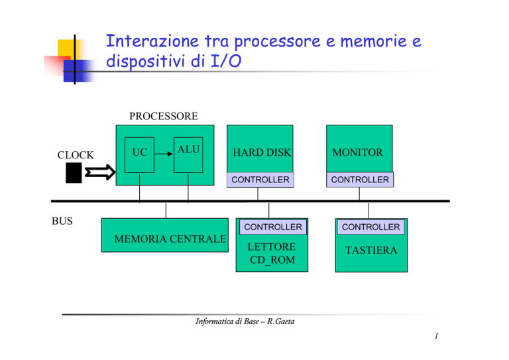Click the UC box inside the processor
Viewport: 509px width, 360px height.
[x=140, y=155]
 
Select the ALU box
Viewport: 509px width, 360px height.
[x=188, y=155]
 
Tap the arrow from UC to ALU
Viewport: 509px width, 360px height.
[x=164, y=154]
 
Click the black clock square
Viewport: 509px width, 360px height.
[x=74, y=173]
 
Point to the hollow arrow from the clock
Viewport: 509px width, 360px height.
[x=100, y=172]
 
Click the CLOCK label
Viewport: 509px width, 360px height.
[x=76, y=155]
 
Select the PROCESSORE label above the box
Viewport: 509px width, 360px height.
[x=164, y=116]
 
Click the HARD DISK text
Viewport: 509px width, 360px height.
[x=262, y=152]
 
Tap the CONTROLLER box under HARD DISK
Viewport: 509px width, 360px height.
[x=260, y=180]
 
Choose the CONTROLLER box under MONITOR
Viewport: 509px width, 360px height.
[x=360, y=180]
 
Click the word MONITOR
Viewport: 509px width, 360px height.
[x=357, y=152]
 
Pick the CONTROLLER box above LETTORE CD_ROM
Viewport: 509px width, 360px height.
[x=273, y=227]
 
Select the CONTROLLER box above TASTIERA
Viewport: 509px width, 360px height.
[x=371, y=227]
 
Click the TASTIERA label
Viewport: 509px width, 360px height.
[x=371, y=251]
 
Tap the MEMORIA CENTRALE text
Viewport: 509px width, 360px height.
[x=170, y=239]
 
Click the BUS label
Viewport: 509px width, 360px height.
[x=62, y=221]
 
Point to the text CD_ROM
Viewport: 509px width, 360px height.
[x=272, y=260]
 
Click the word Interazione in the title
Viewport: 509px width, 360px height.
[x=152, y=41]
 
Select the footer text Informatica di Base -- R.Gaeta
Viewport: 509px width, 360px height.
[x=245, y=322]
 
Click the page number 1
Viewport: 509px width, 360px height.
[x=436, y=336]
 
